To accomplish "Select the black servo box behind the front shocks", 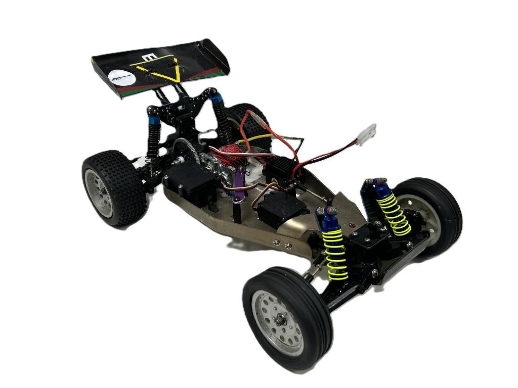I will coord(281,208).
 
